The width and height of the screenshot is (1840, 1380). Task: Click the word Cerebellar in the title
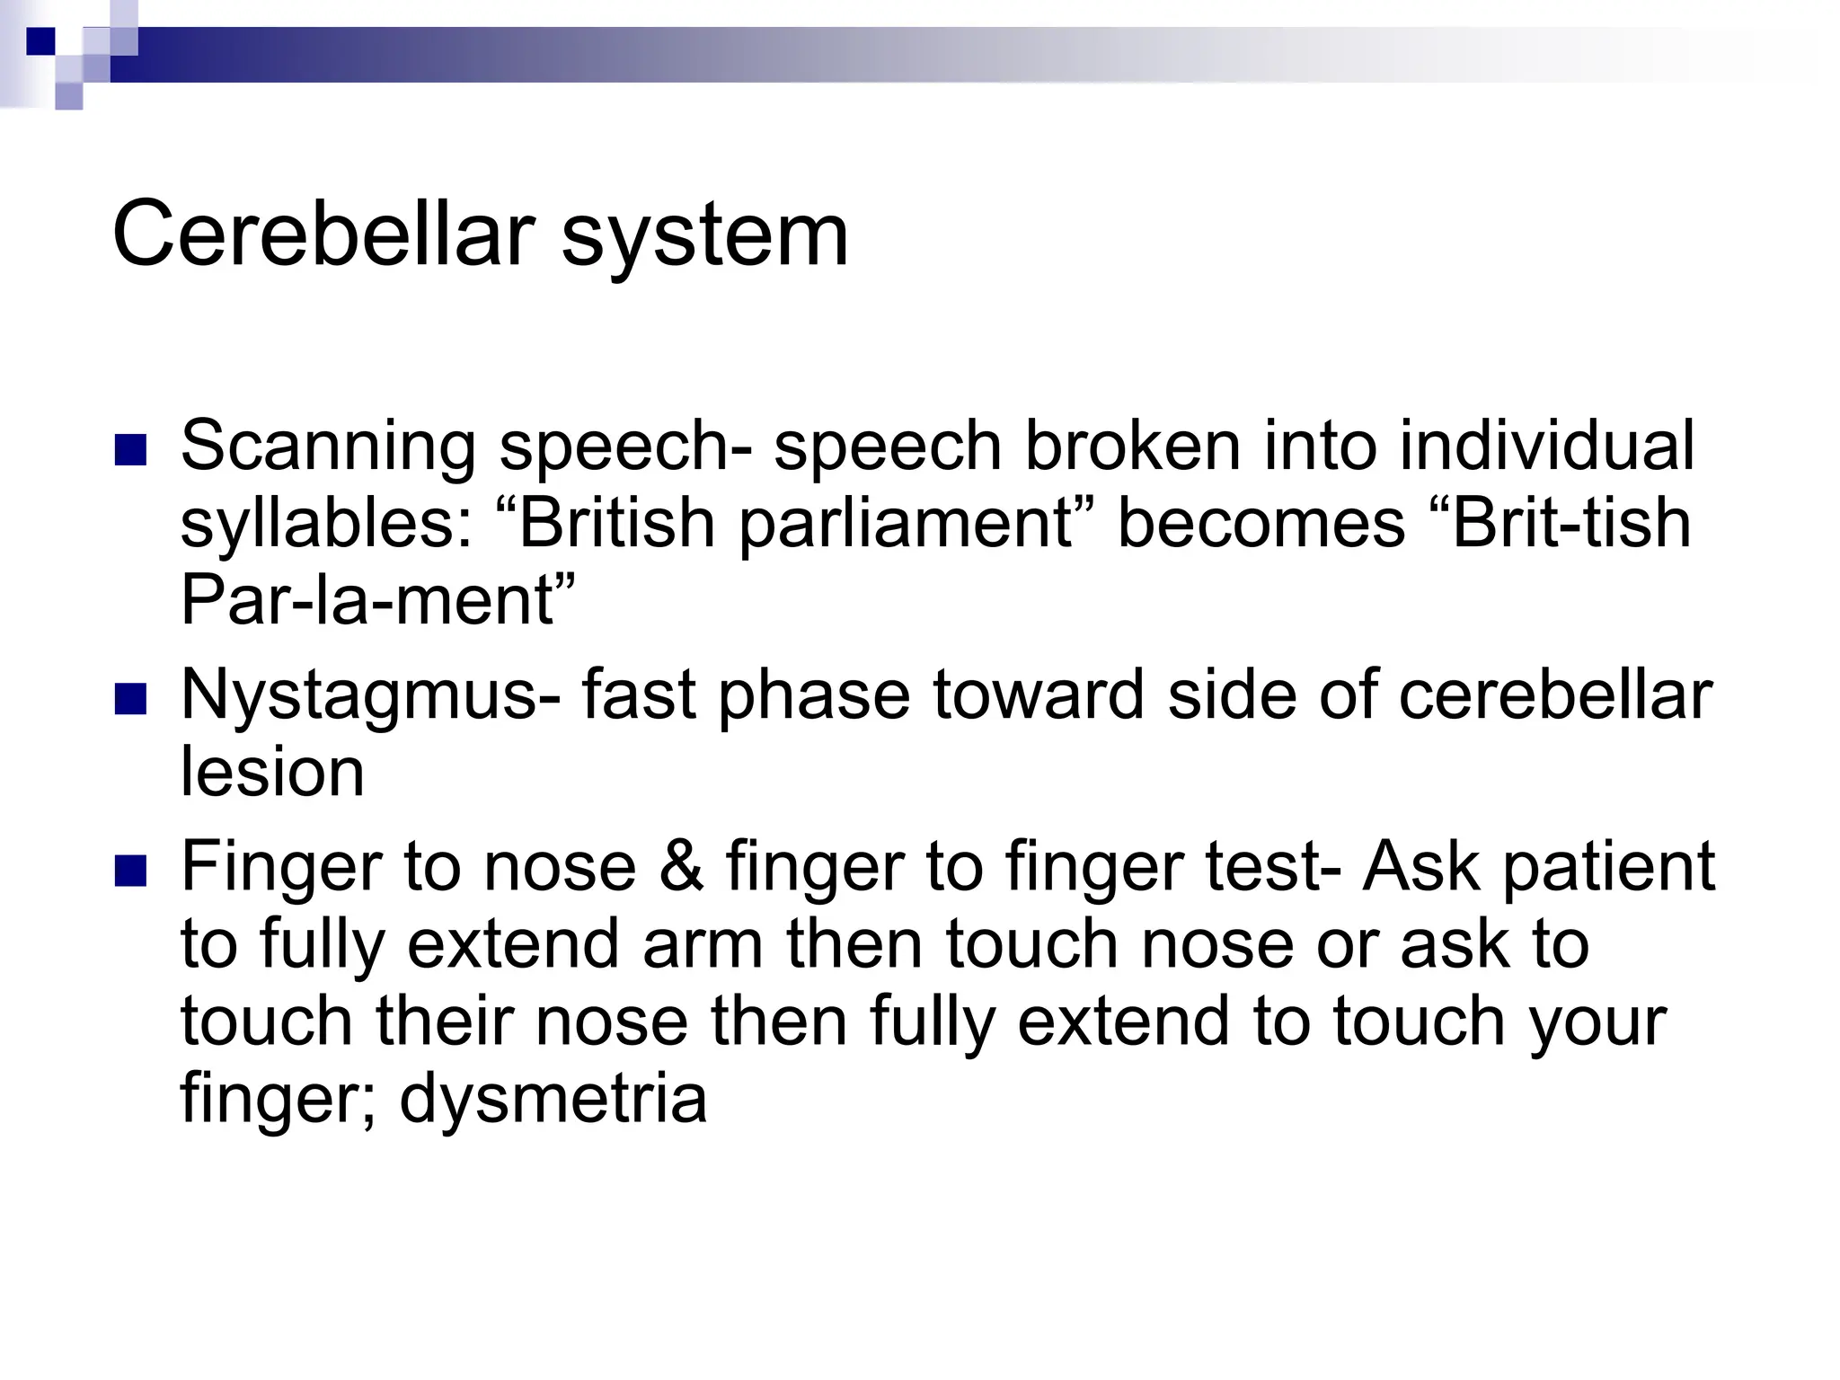pyautogui.click(x=323, y=235)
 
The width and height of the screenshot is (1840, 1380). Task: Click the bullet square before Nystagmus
pyautogui.click(x=131, y=699)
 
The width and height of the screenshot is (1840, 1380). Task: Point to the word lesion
pyautogui.click(x=272, y=773)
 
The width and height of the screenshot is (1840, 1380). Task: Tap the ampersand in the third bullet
pyautogui.click(x=681, y=867)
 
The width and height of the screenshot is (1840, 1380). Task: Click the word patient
pyautogui.click(x=1608, y=867)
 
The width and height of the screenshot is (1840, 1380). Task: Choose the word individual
pyautogui.click(x=1545, y=446)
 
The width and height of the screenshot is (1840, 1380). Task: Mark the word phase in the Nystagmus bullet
pyautogui.click(x=813, y=696)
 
